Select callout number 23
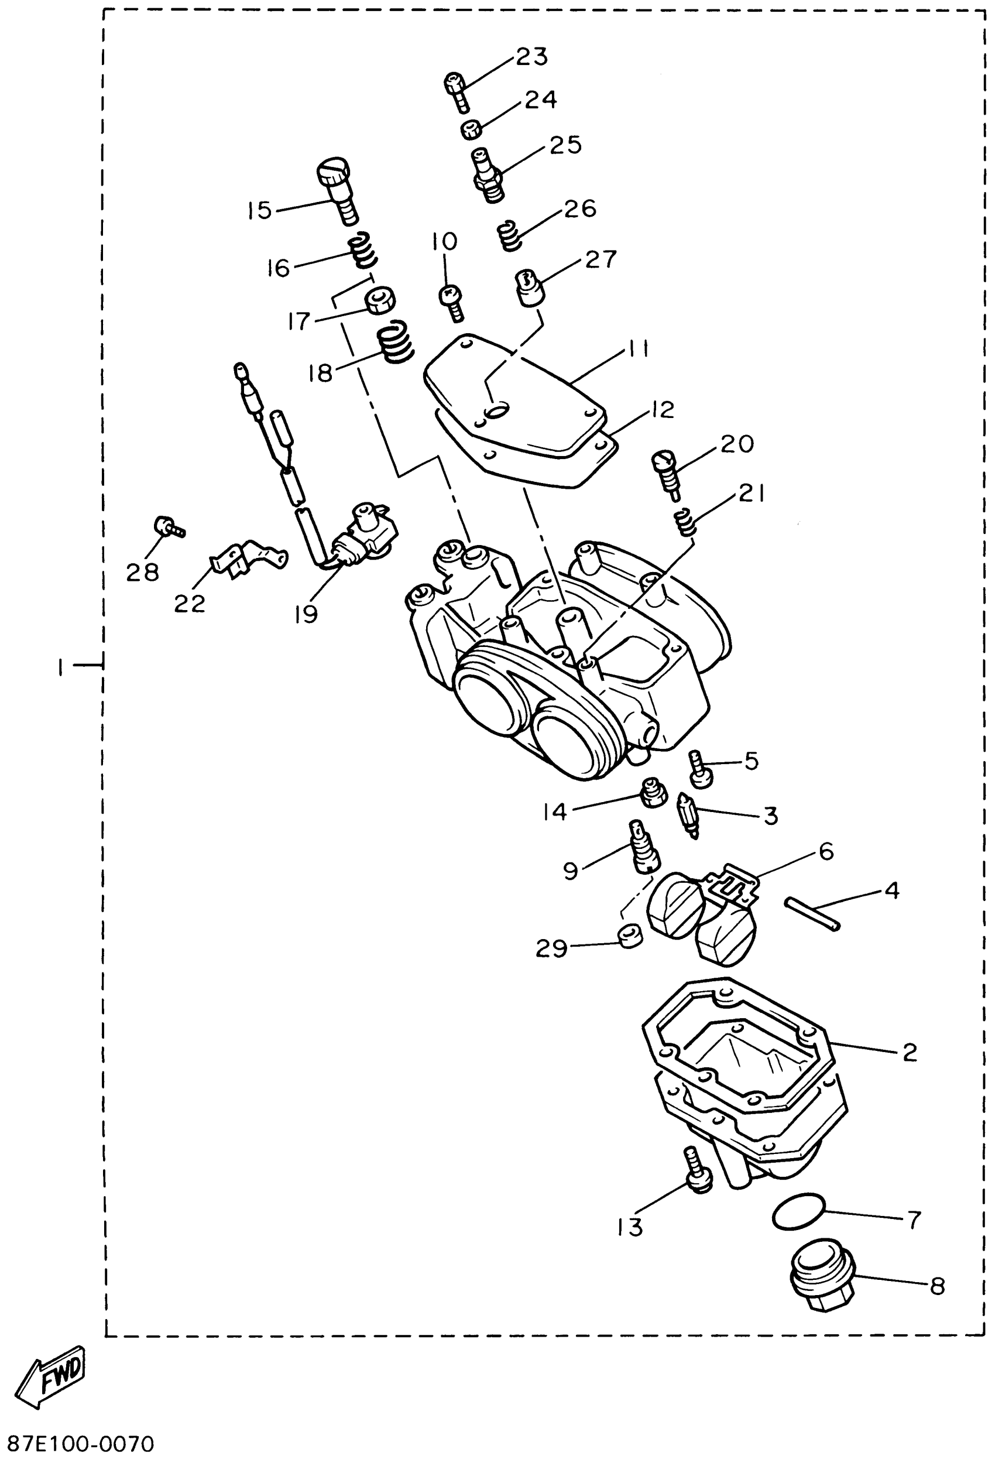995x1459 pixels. coord(531,57)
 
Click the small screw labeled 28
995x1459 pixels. coord(168,527)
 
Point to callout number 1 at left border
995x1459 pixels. coord(60,667)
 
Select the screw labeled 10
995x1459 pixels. coord(452,302)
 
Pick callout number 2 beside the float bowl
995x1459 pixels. coord(910,1053)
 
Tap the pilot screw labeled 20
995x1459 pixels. coord(667,474)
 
